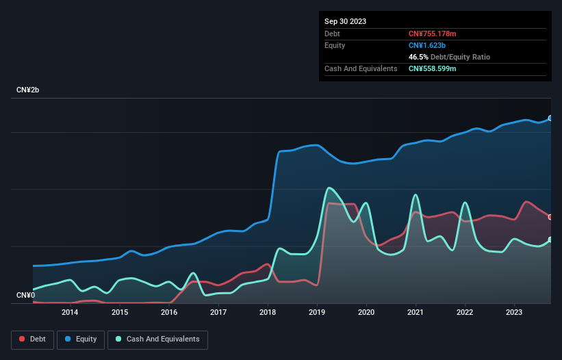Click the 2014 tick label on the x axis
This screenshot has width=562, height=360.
pyautogui.click(x=70, y=313)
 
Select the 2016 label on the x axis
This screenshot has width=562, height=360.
pyautogui.click(x=169, y=313)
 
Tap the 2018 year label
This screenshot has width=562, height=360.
pyautogui.click(x=268, y=313)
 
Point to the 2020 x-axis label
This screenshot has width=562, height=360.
pyautogui.click(x=367, y=313)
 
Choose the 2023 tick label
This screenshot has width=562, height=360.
pyautogui.click(x=515, y=313)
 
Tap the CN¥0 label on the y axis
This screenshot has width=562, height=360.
pyautogui.click(x=25, y=295)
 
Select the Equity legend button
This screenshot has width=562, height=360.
pyautogui.click(x=81, y=339)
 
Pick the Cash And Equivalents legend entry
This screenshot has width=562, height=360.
pyautogui.click(x=157, y=339)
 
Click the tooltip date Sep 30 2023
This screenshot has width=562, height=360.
pyautogui.click(x=345, y=21)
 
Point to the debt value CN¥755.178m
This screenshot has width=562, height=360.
pyautogui.click(x=433, y=34)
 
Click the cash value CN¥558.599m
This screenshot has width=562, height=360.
pyautogui.click(x=433, y=68)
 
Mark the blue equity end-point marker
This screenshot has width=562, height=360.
pyautogui.click(x=550, y=118)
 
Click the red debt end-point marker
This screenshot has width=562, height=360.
pyautogui.click(x=550, y=217)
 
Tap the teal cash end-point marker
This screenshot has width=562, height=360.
pyautogui.click(x=550, y=240)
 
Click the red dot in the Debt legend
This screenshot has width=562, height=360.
pyautogui.click(x=22, y=339)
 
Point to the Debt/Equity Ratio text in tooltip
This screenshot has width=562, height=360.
pyautogui.click(x=460, y=57)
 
